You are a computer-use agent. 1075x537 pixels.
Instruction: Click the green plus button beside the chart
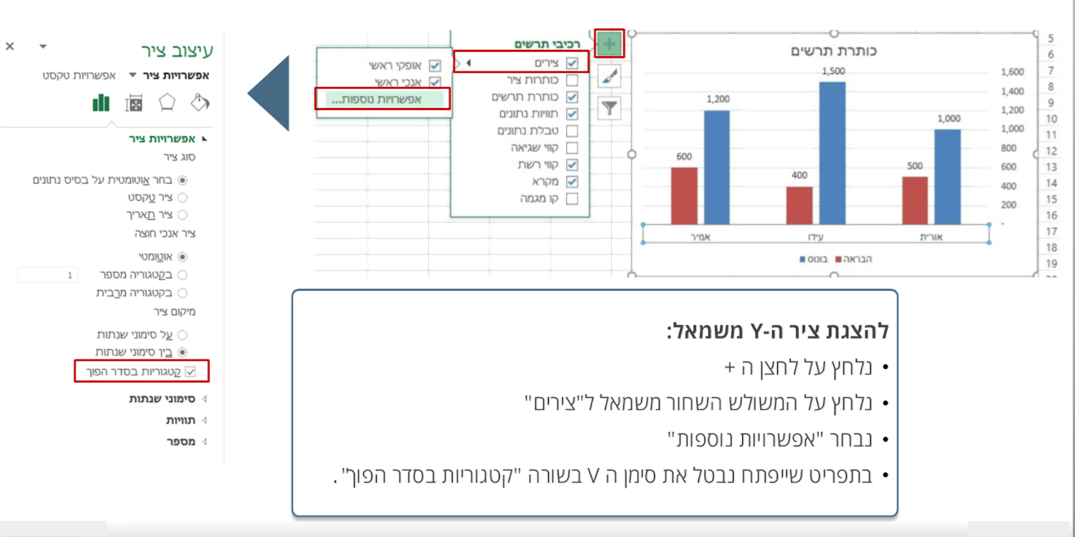(610, 43)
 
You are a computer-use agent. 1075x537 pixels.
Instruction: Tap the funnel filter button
(609, 107)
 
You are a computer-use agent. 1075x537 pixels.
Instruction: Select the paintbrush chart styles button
(609, 76)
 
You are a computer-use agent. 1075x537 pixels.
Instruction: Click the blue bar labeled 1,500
(832, 152)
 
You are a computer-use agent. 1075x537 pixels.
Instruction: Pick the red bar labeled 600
(684, 195)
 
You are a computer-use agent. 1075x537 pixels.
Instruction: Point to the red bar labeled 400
(799, 205)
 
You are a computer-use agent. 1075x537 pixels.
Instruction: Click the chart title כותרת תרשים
(834, 51)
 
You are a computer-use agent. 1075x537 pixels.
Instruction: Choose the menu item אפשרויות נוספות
(382, 99)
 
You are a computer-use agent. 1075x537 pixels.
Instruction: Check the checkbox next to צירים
(572, 63)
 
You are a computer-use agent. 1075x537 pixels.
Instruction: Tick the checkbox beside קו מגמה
(572, 199)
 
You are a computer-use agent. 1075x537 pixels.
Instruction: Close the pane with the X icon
(10, 46)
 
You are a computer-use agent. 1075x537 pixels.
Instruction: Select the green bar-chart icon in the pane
(102, 103)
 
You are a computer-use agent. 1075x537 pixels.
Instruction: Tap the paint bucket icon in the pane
(200, 103)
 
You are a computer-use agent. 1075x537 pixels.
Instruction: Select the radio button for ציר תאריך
(183, 215)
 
